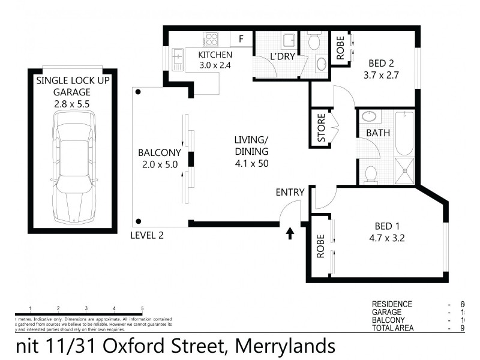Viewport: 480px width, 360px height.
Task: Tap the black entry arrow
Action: tap(290, 233)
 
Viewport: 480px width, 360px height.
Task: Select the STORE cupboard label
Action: tap(322, 128)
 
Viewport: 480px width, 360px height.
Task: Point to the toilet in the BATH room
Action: tap(370, 173)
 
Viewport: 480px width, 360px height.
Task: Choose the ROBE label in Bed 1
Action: tap(320, 246)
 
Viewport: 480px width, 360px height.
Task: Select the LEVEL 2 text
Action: tap(147, 236)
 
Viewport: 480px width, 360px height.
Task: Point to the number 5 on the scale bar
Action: tap(142, 308)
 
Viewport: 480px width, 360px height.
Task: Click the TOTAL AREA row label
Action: tap(393, 328)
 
